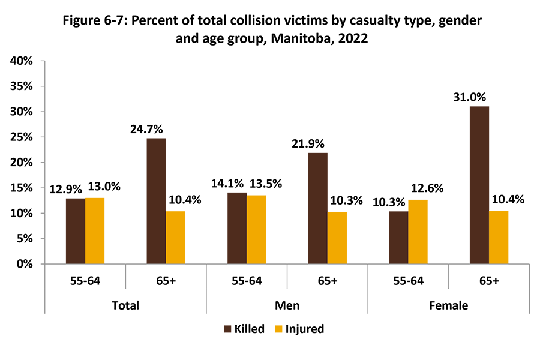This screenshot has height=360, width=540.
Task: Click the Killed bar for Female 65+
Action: (x=479, y=185)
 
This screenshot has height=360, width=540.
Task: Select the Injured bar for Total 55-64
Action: (x=95, y=231)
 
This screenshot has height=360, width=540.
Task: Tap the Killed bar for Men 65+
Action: (x=317, y=208)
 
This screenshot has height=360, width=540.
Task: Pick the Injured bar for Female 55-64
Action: (x=418, y=232)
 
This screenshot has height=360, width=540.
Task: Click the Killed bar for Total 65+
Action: (x=156, y=201)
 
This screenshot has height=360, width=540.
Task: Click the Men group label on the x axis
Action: (x=287, y=305)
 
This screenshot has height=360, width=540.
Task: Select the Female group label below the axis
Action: (x=448, y=305)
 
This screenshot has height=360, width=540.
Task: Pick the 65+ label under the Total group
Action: (x=166, y=280)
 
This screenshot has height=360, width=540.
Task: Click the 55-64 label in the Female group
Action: (x=408, y=280)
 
